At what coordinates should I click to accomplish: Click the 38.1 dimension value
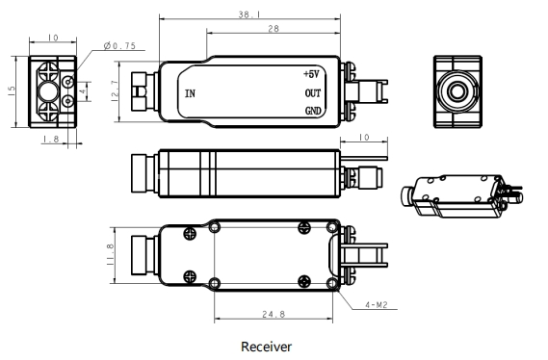click(249, 14)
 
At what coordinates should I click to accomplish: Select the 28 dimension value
click(274, 29)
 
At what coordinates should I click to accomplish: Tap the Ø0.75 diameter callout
click(119, 46)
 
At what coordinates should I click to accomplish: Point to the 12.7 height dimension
click(115, 91)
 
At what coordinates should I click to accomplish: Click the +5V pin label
click(311, 74)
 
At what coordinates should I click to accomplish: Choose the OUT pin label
click(313, 93)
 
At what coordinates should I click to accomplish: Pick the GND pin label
click(313, 111)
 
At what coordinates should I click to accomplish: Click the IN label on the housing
click(190, 93)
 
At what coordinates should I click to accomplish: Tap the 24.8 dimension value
click(274, 314)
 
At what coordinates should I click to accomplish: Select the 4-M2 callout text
click(377, 305)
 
